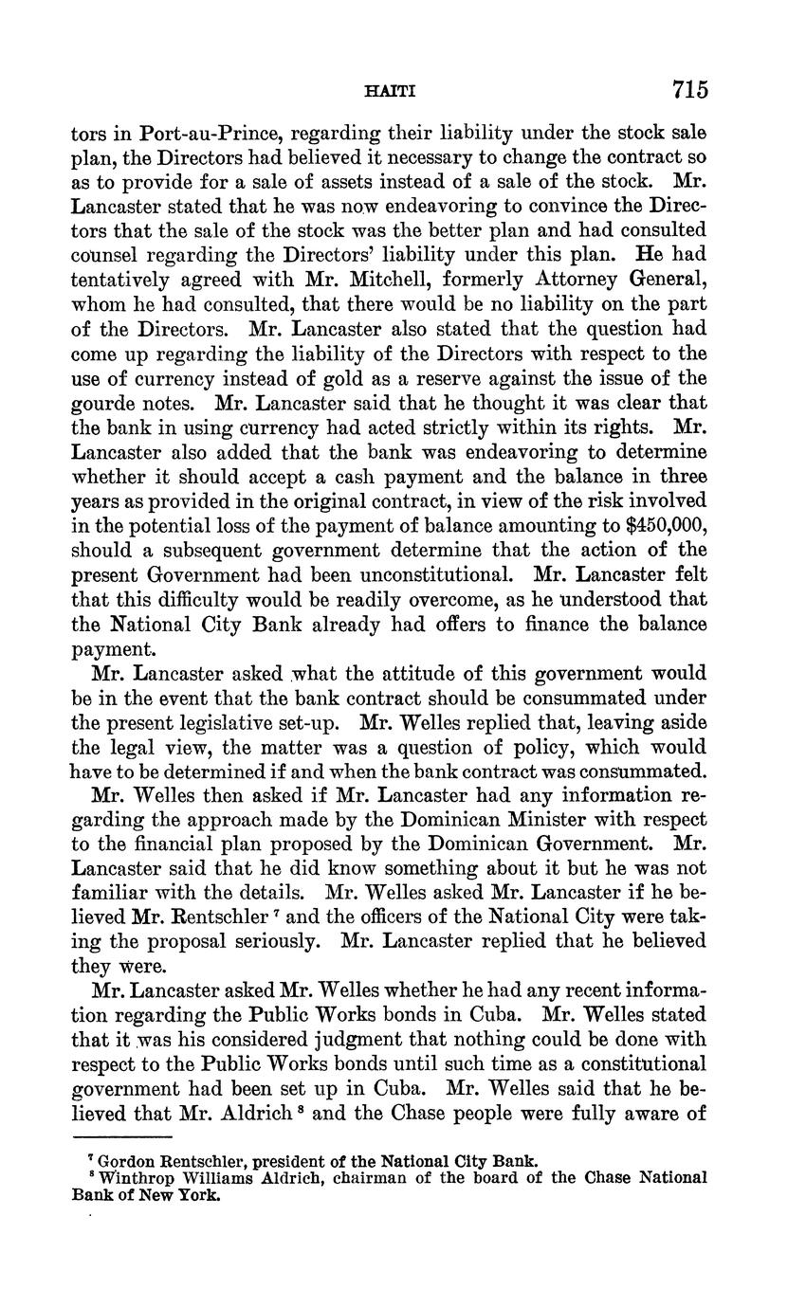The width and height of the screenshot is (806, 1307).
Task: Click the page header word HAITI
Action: coord(391,92)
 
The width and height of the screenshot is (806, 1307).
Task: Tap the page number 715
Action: coord(689,90)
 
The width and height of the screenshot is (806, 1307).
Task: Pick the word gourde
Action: coord(102,403)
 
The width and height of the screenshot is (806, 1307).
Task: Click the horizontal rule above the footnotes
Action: coord(122,1136)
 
